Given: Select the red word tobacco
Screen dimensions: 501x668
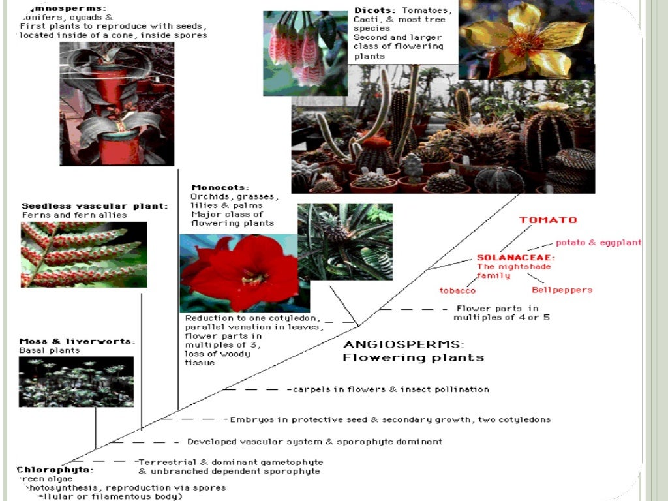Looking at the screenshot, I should point(457,290).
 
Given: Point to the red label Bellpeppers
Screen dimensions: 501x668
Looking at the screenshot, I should point(562,290).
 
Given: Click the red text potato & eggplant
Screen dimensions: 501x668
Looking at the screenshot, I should point(598,243).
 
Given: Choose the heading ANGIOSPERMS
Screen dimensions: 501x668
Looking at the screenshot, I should point(404,344).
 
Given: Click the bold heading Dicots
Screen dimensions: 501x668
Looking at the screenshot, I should point(375,10).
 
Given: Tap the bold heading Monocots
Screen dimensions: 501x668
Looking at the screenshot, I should point(211,188).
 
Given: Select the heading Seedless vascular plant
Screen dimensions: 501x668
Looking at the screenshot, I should point(95,206).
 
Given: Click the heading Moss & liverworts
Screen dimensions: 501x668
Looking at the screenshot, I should point(77,341).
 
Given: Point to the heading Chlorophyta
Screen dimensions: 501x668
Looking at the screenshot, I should point(55,470).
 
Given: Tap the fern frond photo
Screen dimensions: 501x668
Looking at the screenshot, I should point(83,254).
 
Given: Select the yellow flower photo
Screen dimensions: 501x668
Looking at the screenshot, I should point(526,40).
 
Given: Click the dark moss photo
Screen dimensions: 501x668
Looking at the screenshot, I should point(76,382).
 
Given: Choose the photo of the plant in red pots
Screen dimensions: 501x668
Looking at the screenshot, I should point(117,104).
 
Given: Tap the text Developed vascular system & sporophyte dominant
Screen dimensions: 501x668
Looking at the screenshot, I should point(314,442).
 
